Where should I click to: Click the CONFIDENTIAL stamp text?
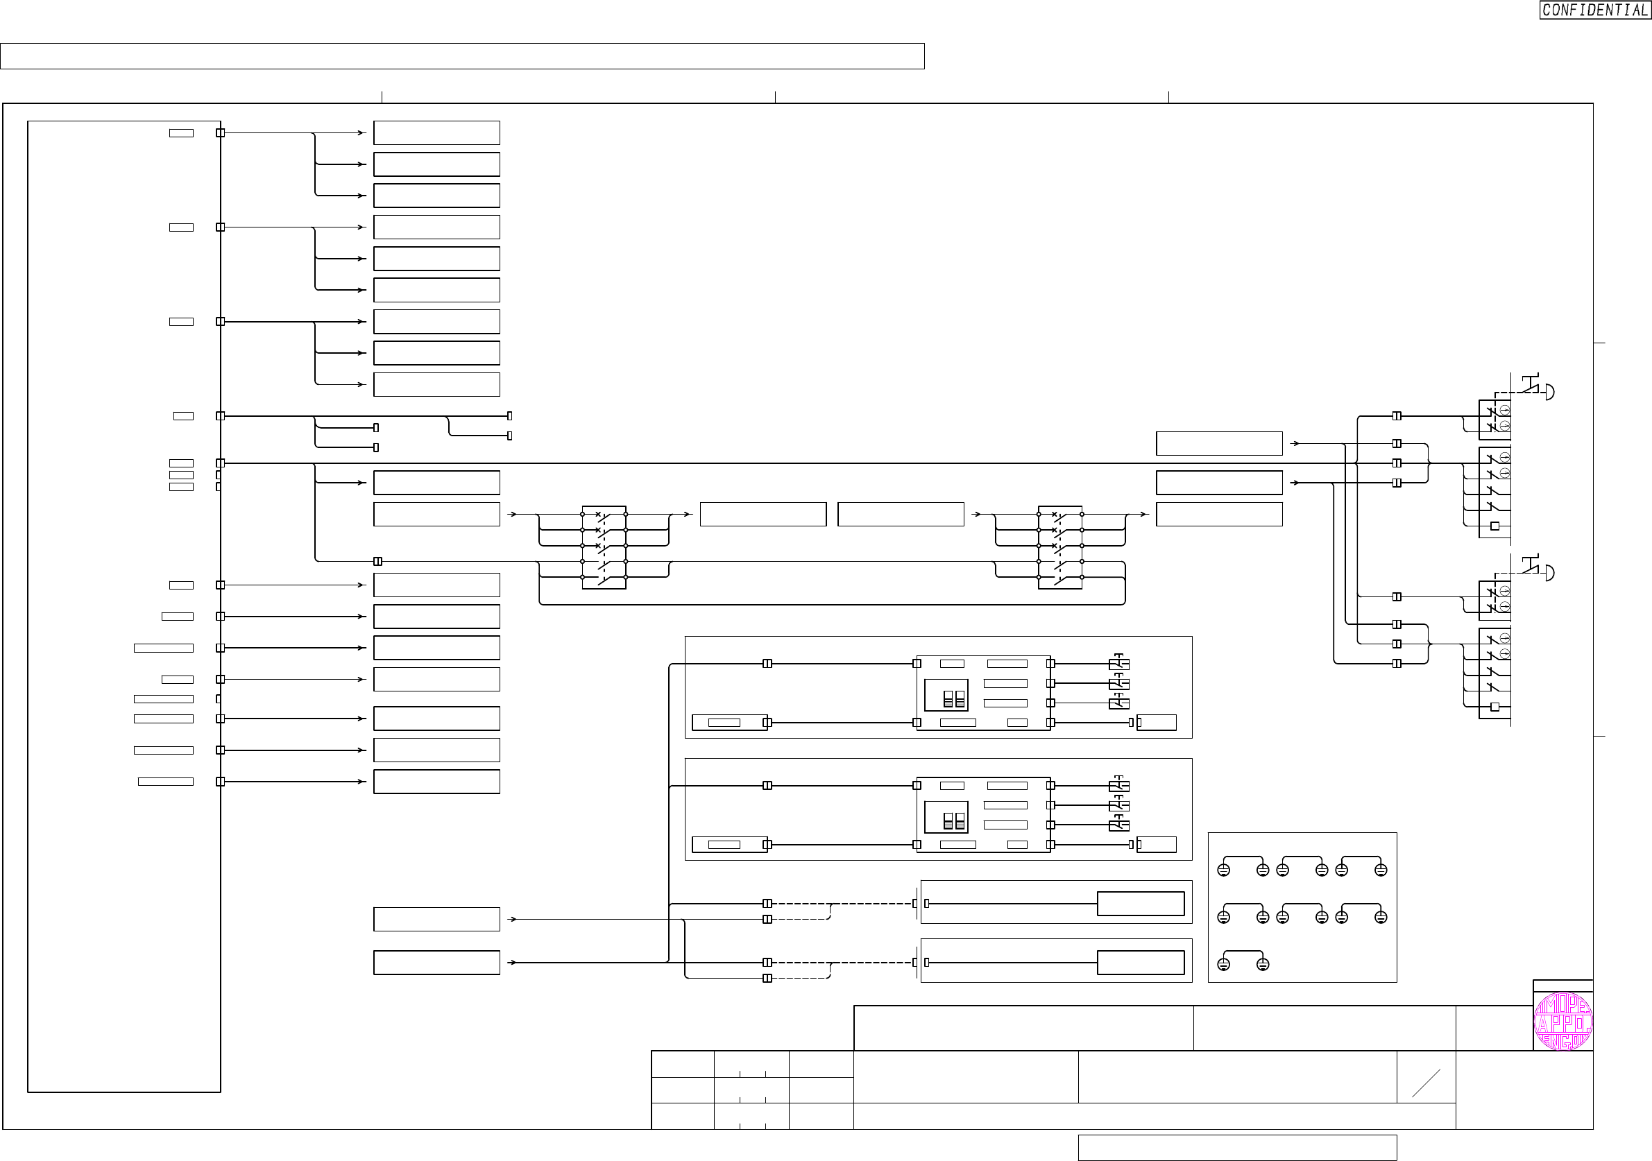[x=1594, y=10]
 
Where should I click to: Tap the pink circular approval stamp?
[x=1562, y=1022]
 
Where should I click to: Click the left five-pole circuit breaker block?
[x=604, y=547]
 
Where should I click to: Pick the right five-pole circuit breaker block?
[x=1060, y=547]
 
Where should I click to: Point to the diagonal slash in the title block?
[x=1426, y=1083]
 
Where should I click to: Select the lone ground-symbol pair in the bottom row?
[x=1243, y=963]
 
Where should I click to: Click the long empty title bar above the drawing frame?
[x=462, y=56]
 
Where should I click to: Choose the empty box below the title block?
[x=1237, y=1147]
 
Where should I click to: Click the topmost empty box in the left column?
[x=436, y=133]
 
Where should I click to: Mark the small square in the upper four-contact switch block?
[x=1495, y=526]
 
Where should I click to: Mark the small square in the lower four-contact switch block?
[x=1495, y=707]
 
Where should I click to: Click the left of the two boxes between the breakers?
[x=763, y=515]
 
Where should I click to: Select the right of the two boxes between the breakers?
[x=900, y=515]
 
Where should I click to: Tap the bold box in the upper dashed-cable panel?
[x=1141, y=904]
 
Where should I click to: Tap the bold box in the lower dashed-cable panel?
[x=1141, y=963]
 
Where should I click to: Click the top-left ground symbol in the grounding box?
[x=1223, y=870]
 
